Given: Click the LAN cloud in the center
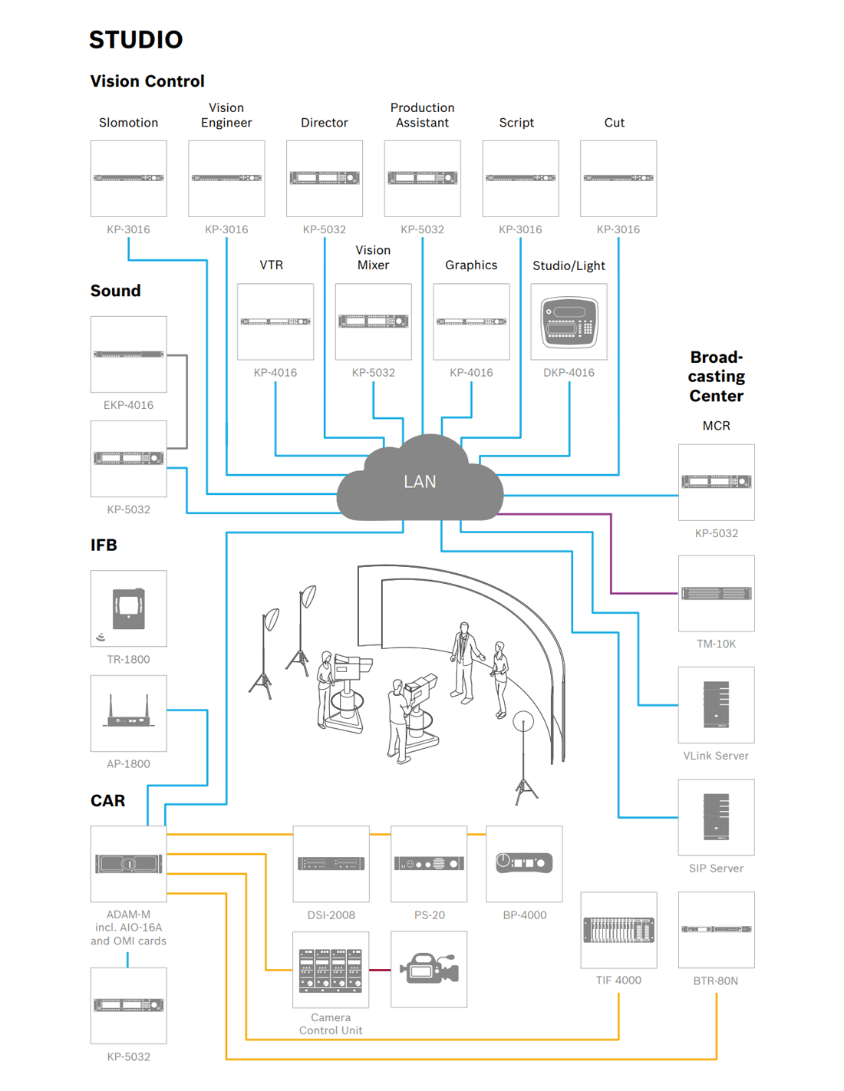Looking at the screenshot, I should coord(420,481).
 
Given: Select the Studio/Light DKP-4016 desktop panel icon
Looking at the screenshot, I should coord(569,321).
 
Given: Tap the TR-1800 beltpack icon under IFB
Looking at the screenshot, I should coord(128,608).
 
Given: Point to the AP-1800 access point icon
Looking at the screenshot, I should coord(128,713).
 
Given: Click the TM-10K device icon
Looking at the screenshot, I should coord(716,593).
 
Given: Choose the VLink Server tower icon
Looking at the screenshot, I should coord(716,704).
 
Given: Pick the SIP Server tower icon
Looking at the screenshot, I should coord(716,817).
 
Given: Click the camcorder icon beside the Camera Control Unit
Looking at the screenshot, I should coord(429,969).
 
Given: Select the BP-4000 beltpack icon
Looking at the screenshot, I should coord(524,863).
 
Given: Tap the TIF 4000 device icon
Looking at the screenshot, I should coord(618,930).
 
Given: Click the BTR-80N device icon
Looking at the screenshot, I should coord(716,929).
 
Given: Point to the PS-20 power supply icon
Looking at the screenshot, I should coord(429,863).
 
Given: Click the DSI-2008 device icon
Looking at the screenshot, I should coord(331,863).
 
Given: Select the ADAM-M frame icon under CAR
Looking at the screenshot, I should coord(128,863).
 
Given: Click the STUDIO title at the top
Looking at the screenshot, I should coord(136,40).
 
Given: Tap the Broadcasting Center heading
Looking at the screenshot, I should coord(716,376).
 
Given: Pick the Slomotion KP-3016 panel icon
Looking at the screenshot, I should coord(128,178).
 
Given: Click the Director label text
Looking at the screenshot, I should coord(324,123).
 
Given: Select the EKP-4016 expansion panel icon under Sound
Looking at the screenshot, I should coord(128,354).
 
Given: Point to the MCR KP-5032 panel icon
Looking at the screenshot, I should coord(716,482).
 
